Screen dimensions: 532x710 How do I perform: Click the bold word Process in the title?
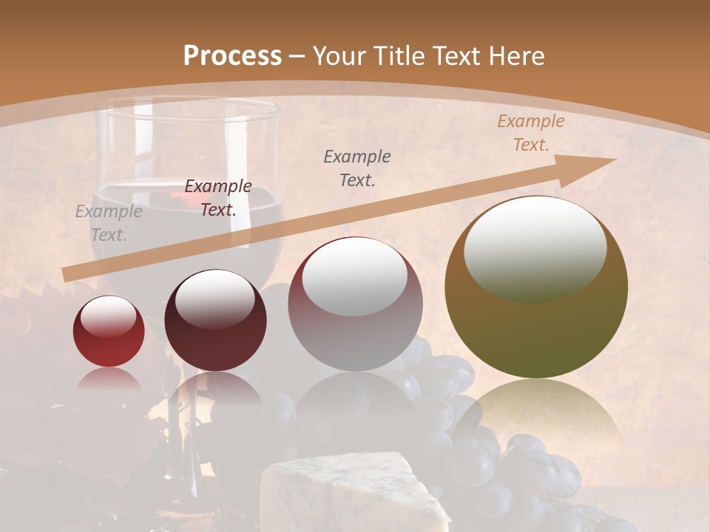click(x=232, y=55)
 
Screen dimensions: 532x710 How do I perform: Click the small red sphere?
click(x=109, y=331)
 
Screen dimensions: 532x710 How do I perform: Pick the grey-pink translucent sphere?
click(x=355, y=304)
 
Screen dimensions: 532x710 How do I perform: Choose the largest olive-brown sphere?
click(x=536, y=287)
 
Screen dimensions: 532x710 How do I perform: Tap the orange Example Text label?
click(x=530, y=133)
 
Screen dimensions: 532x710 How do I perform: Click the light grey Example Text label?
click(x=108, y=223)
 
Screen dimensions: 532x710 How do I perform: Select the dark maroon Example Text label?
click(x=217, y=198)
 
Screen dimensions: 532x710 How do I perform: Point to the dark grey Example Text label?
click(x=357, y=168)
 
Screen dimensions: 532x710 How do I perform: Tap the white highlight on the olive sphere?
click(x=535, y=249)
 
